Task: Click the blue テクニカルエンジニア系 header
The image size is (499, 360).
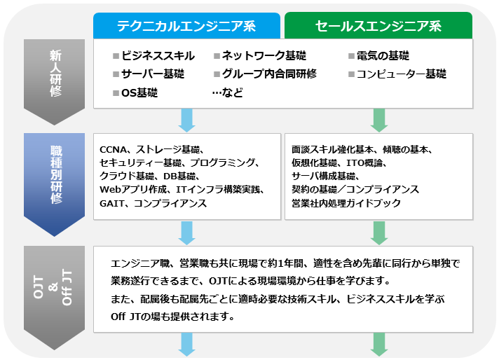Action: [x=187, y=26]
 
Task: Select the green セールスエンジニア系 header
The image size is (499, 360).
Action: [x=378, y=26]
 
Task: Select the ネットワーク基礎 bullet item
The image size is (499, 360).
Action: [x=264, y=56]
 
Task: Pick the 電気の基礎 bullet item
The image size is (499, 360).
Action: [x=383, y=56]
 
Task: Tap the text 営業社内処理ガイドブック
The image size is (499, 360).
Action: [x=346, y=203]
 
